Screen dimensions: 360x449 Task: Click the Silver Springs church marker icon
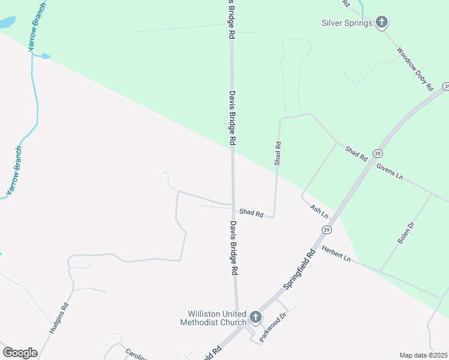[382, 23]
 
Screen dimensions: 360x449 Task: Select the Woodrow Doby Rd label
[415, 70]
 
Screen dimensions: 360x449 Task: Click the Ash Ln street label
[319, 211]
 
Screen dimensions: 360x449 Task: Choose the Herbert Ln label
[336, 253]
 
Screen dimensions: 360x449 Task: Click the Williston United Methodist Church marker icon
[256, 316]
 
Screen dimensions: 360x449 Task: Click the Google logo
[20, 352]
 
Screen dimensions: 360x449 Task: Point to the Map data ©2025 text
[423, 355]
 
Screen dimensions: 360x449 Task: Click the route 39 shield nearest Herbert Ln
[327, 230]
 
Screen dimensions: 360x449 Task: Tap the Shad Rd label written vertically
[277, 153]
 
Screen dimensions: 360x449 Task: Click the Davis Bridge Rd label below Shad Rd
[234, 247]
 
